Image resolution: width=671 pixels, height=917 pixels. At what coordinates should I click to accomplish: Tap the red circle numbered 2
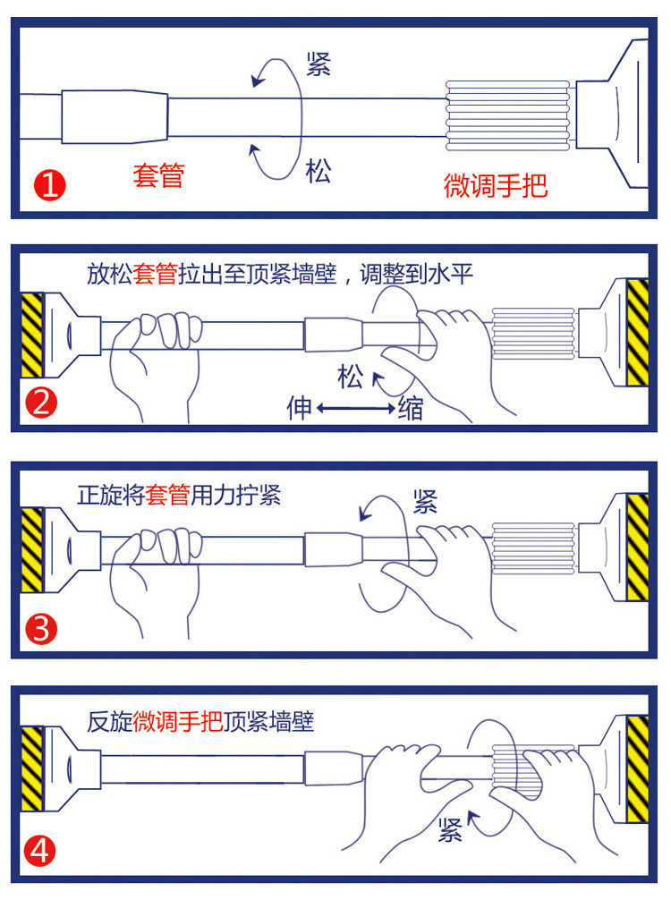coord(41,404)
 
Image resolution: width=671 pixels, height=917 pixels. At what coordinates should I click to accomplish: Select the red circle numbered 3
coord(41,629)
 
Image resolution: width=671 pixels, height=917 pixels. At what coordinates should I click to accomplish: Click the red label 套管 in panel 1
coord(158,175)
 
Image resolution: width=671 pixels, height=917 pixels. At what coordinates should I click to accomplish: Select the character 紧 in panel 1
coord(319,64)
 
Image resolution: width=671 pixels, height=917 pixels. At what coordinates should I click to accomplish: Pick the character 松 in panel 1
coord(318,171)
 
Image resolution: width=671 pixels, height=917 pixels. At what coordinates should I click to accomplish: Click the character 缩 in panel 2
coord(411,409)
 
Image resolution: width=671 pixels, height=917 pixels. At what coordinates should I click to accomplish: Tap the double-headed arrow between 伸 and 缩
coord(354,409)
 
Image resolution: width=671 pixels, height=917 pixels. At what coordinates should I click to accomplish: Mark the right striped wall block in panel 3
coord(638,547)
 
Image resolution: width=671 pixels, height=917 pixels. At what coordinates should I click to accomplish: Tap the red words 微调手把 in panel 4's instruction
coord(177,721)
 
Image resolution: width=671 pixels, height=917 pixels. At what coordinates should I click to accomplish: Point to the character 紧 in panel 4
coord(450,831)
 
